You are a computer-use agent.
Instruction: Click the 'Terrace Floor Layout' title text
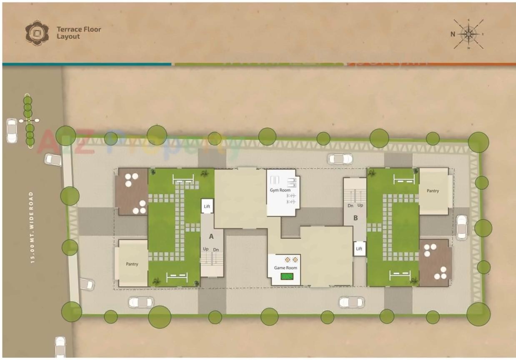(x=79, y=33)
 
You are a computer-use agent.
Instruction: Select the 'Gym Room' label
(x=280, y=190)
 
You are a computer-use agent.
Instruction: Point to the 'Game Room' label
(x=285, y=268)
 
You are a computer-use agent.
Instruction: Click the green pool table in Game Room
(x=287, y=276)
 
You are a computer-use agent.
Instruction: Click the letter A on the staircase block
(x=211, y=236)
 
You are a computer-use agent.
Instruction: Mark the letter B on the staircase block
(x=356, y=217)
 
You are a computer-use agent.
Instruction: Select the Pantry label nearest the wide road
(x=132, y=264)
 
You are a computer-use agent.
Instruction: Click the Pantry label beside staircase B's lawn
(x=433, y=191)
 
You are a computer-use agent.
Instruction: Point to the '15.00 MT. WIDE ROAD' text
(x=32, y=227)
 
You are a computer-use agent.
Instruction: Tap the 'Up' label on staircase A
(x=206, y=249)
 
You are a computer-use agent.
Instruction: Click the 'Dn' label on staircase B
(x=351, y=206)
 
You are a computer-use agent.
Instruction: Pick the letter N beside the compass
(x=452, y=34)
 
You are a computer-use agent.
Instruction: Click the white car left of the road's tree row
(x=12, y=130)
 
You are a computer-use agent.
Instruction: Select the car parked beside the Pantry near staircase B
(x=461, y=227)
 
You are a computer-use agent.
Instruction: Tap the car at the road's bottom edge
(x=61, y=347)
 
